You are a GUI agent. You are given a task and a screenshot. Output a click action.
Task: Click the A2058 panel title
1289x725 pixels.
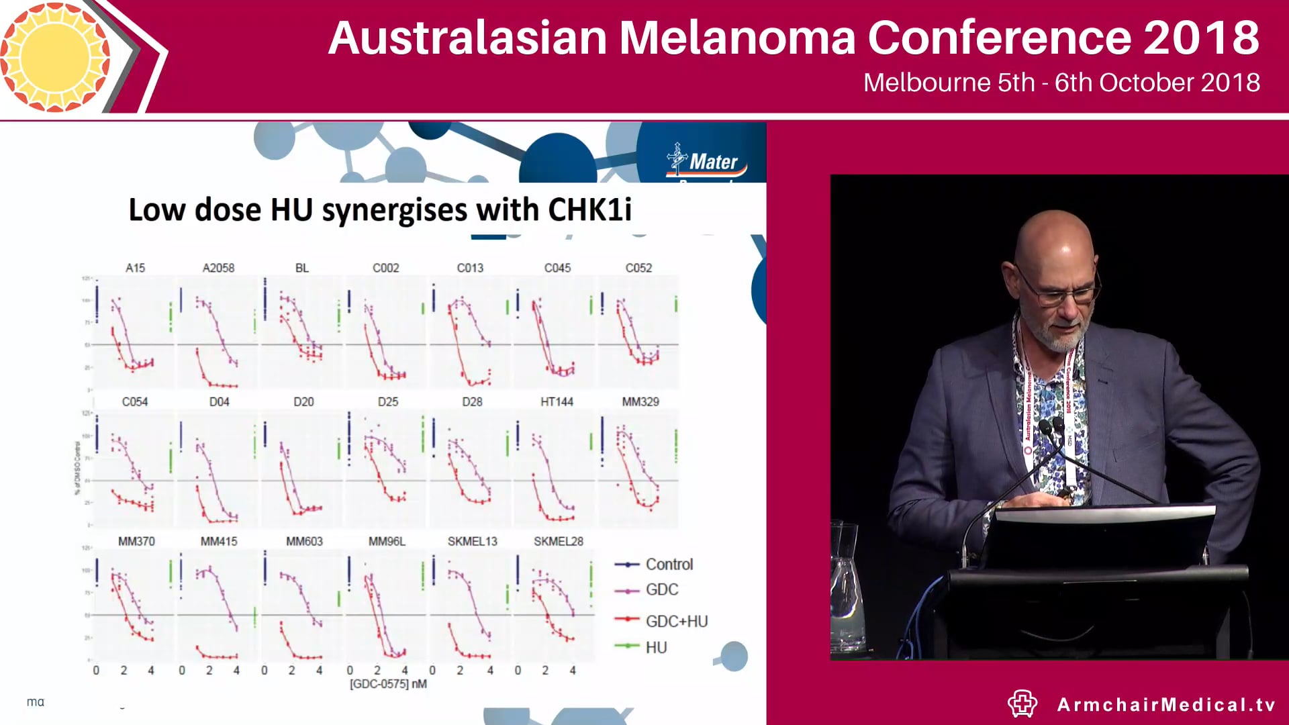(218, 268)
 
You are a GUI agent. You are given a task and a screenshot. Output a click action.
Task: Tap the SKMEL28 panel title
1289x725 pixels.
(558, 541)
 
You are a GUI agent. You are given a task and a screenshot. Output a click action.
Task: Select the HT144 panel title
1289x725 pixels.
(557, 401)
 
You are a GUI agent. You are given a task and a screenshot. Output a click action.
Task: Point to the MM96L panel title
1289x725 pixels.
(387, 541)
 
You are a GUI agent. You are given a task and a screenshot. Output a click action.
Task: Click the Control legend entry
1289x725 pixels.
(669, 565)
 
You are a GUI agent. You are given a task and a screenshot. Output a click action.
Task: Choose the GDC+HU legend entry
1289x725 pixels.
(676, 622)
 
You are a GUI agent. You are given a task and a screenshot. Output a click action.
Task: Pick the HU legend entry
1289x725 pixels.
(656, 648)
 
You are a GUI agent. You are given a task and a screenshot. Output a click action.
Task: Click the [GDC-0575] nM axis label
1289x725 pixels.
(388, 684)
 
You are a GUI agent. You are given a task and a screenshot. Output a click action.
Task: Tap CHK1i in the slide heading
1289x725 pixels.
(589, 209)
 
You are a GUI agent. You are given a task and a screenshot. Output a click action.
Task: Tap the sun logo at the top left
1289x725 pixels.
(55, 56)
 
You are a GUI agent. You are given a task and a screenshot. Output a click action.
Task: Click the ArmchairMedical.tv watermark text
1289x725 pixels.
(1166, 704)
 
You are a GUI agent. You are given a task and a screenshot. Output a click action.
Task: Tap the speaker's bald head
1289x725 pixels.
(1054, 235)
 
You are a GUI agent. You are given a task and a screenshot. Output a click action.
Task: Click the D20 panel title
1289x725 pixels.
(303, 401)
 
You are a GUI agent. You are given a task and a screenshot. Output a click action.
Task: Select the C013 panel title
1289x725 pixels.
(470, 268)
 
